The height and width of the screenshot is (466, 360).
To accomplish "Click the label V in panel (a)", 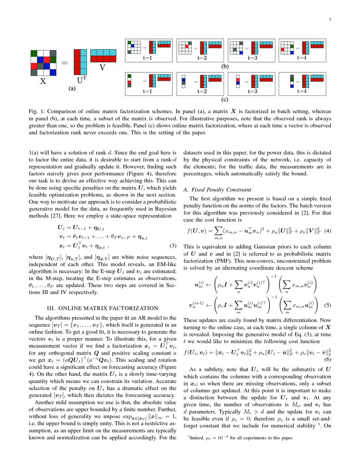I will click(102, 67).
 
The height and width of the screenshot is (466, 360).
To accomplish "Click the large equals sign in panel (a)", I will click(65, 63).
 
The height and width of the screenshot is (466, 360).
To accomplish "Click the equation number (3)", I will click(172, 246).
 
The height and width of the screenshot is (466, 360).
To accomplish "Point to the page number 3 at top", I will click(330, 19).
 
